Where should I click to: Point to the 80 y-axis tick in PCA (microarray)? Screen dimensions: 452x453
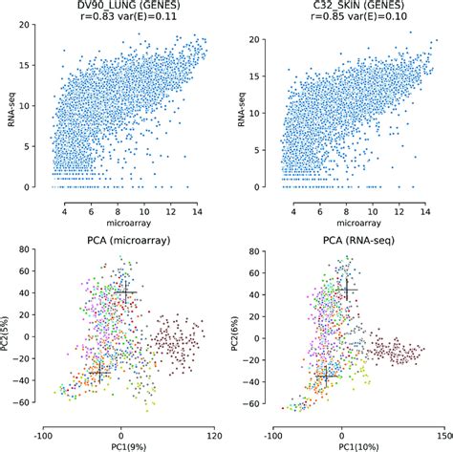click(32, 252)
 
